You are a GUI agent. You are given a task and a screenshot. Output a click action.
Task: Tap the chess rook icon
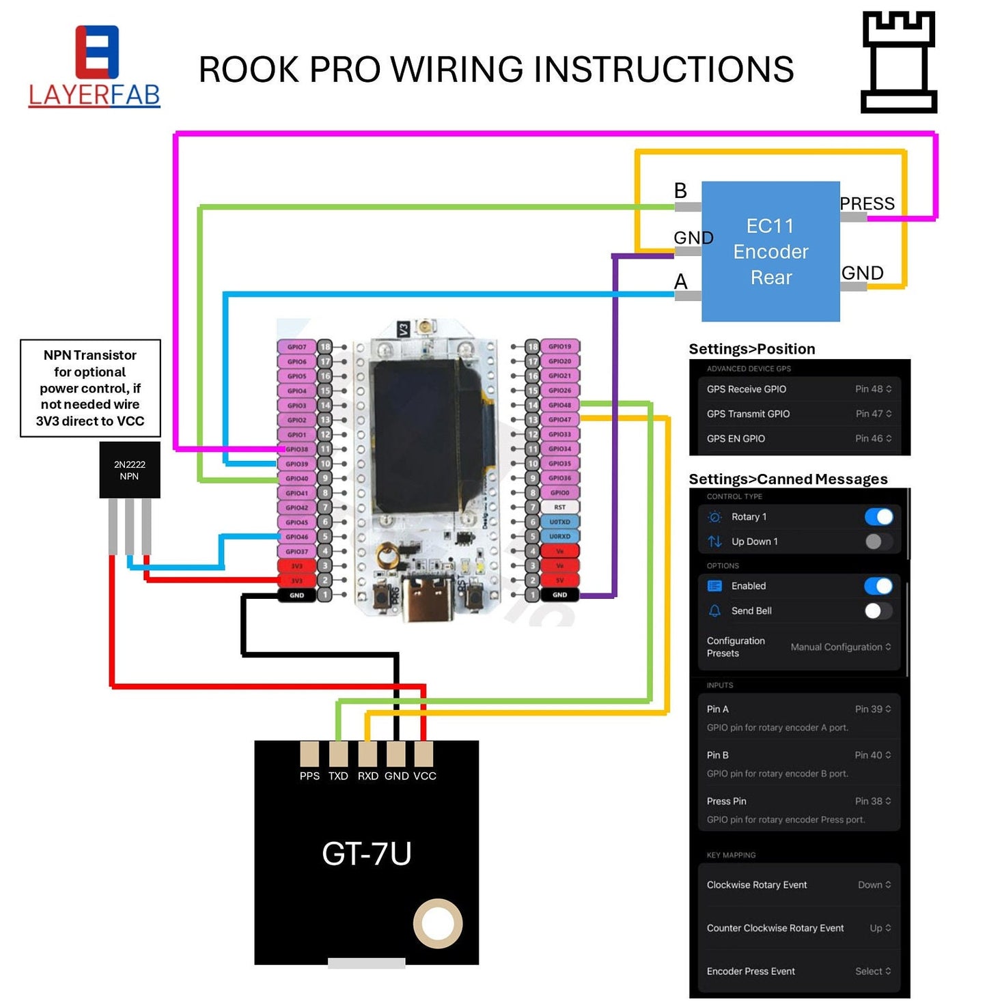point(898,62)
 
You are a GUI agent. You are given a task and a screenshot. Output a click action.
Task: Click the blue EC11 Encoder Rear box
point(770,251)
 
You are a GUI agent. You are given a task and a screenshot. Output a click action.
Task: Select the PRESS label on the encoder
point(867,203)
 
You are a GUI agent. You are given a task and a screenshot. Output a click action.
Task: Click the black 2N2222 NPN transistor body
point(130,470)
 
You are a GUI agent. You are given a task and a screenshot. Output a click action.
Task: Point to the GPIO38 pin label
point(296,449)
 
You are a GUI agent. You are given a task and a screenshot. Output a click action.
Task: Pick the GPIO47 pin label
point(559,419)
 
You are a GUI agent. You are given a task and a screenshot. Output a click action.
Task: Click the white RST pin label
point(559,507)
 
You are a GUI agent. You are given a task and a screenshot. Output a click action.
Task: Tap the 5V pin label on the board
point(559,580)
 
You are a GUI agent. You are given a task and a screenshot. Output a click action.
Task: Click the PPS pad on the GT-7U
point(309,755)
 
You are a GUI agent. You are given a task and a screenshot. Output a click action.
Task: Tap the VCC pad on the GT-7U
point(423,755)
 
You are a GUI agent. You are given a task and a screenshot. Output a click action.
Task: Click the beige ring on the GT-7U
point(437,924)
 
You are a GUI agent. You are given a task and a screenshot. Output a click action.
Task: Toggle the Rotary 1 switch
point(878,517)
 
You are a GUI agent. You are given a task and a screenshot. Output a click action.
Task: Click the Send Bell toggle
point(878,611)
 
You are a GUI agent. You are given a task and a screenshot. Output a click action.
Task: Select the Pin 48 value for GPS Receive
point(873,389)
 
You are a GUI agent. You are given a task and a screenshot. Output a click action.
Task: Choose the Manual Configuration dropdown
point(840,647)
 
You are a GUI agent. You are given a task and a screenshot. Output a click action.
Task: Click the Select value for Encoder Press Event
point(872,971)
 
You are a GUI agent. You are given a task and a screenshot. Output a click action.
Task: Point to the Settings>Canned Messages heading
point(788,479)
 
